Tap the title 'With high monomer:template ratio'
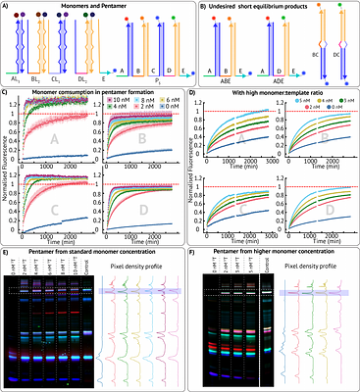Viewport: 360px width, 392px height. pos(268,91)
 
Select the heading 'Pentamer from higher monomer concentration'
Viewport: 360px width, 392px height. pos(269,254)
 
